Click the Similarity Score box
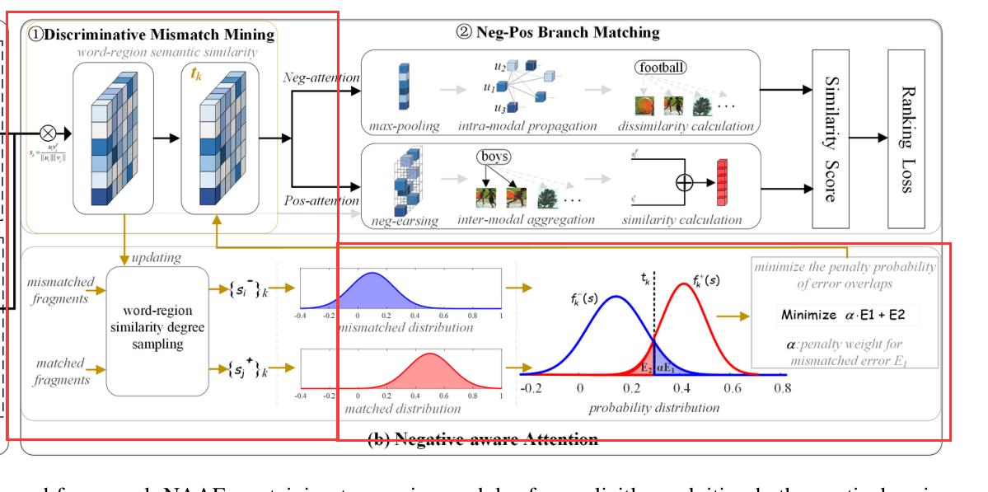[831, 138]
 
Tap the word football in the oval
[660, 67]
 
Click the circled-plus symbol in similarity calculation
[684, 183]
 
